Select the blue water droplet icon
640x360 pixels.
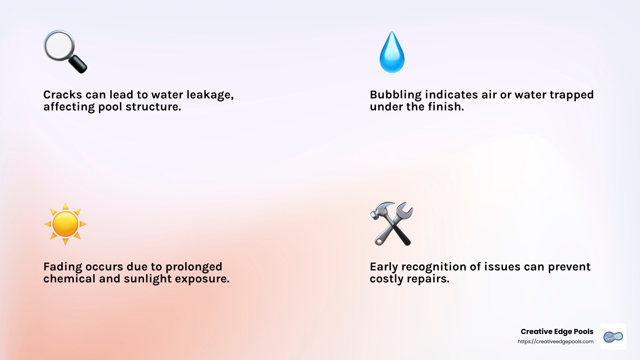click(x=392, y=53)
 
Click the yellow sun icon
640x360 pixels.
click(x=65, y=224)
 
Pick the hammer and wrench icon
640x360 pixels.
click(x=392, y=224)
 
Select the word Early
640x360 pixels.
click(x=384, y=267)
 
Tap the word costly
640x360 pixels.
click(x=386, y=279)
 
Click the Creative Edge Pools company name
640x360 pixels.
click(x=557, y=332)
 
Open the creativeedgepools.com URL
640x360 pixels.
click(x=556, y=342)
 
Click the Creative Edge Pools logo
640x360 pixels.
click(x=613, y=337)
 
